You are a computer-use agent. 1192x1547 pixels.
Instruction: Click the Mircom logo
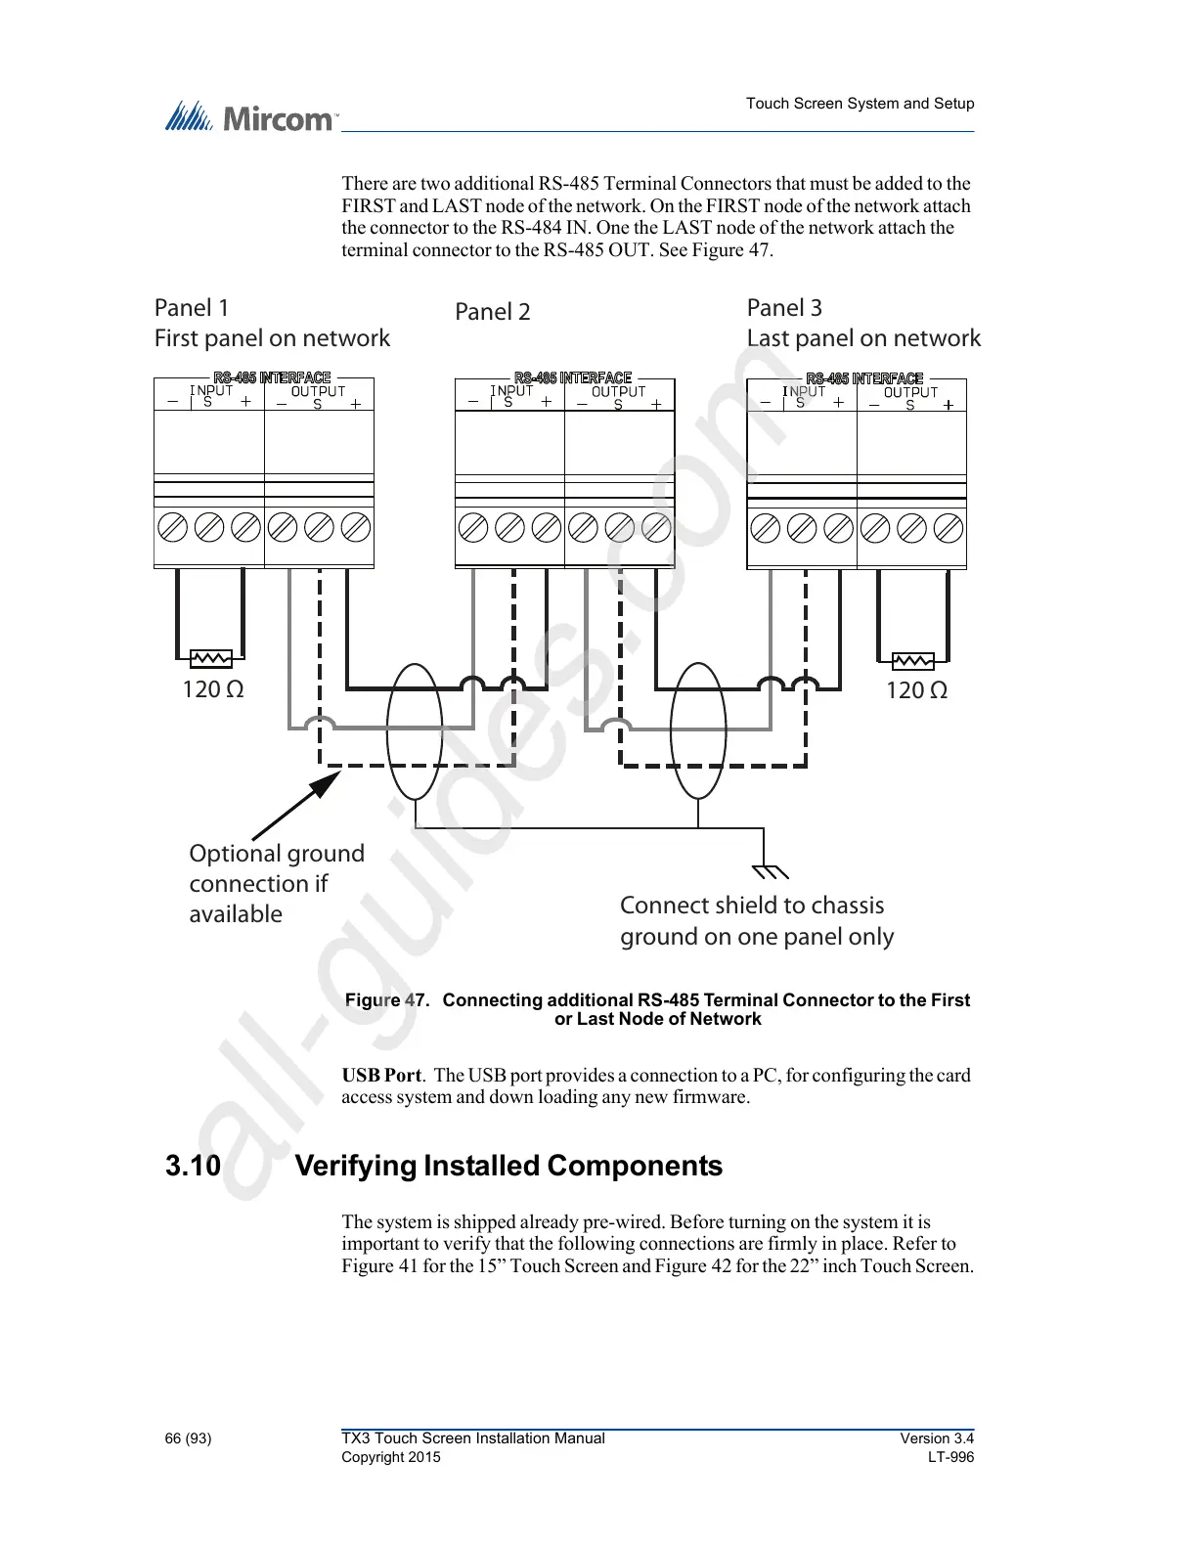click(x=250, y=117)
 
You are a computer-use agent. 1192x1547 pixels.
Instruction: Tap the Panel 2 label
click(x=493, y=312)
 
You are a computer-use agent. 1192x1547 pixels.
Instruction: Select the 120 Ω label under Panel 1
click(x=213, y=689)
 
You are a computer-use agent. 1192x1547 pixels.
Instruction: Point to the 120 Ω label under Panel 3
click(x=916, y=690)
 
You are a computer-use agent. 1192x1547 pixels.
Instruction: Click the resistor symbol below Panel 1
click(x=211, y=658)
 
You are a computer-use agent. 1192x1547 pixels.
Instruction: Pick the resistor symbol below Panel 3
click(x=913, y=661)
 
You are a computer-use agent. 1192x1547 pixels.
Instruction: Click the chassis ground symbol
click(x=769, y=869)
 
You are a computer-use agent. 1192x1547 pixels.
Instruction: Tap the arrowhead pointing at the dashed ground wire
click(x=328, y=783)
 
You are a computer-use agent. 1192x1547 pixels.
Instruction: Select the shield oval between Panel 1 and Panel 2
click(x=415, y=730)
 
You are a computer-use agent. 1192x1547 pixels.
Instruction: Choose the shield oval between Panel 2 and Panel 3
click(x=698, y=730)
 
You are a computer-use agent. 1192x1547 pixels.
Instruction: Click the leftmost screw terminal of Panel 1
click(x=172, y=528)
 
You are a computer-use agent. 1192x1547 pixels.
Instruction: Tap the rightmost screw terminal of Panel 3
click(x=949, y=529)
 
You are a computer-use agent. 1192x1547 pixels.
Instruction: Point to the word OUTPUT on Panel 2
click(x=618, y=391)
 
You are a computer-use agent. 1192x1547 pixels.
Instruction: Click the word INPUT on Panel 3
click(x=804, y=391)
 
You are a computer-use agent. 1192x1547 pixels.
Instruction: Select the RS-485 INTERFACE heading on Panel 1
click(x=273, y=377)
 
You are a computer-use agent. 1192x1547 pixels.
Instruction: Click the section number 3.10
click(x=193, y=1166)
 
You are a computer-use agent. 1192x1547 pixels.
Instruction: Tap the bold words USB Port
click(x=381, y=1075)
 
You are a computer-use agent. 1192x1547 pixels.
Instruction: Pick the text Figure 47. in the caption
click(x=387, y=1000)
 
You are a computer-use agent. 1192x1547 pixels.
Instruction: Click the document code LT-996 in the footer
click(x=950, y=1457)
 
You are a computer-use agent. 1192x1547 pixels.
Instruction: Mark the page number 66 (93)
click(x=188, y=1438)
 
